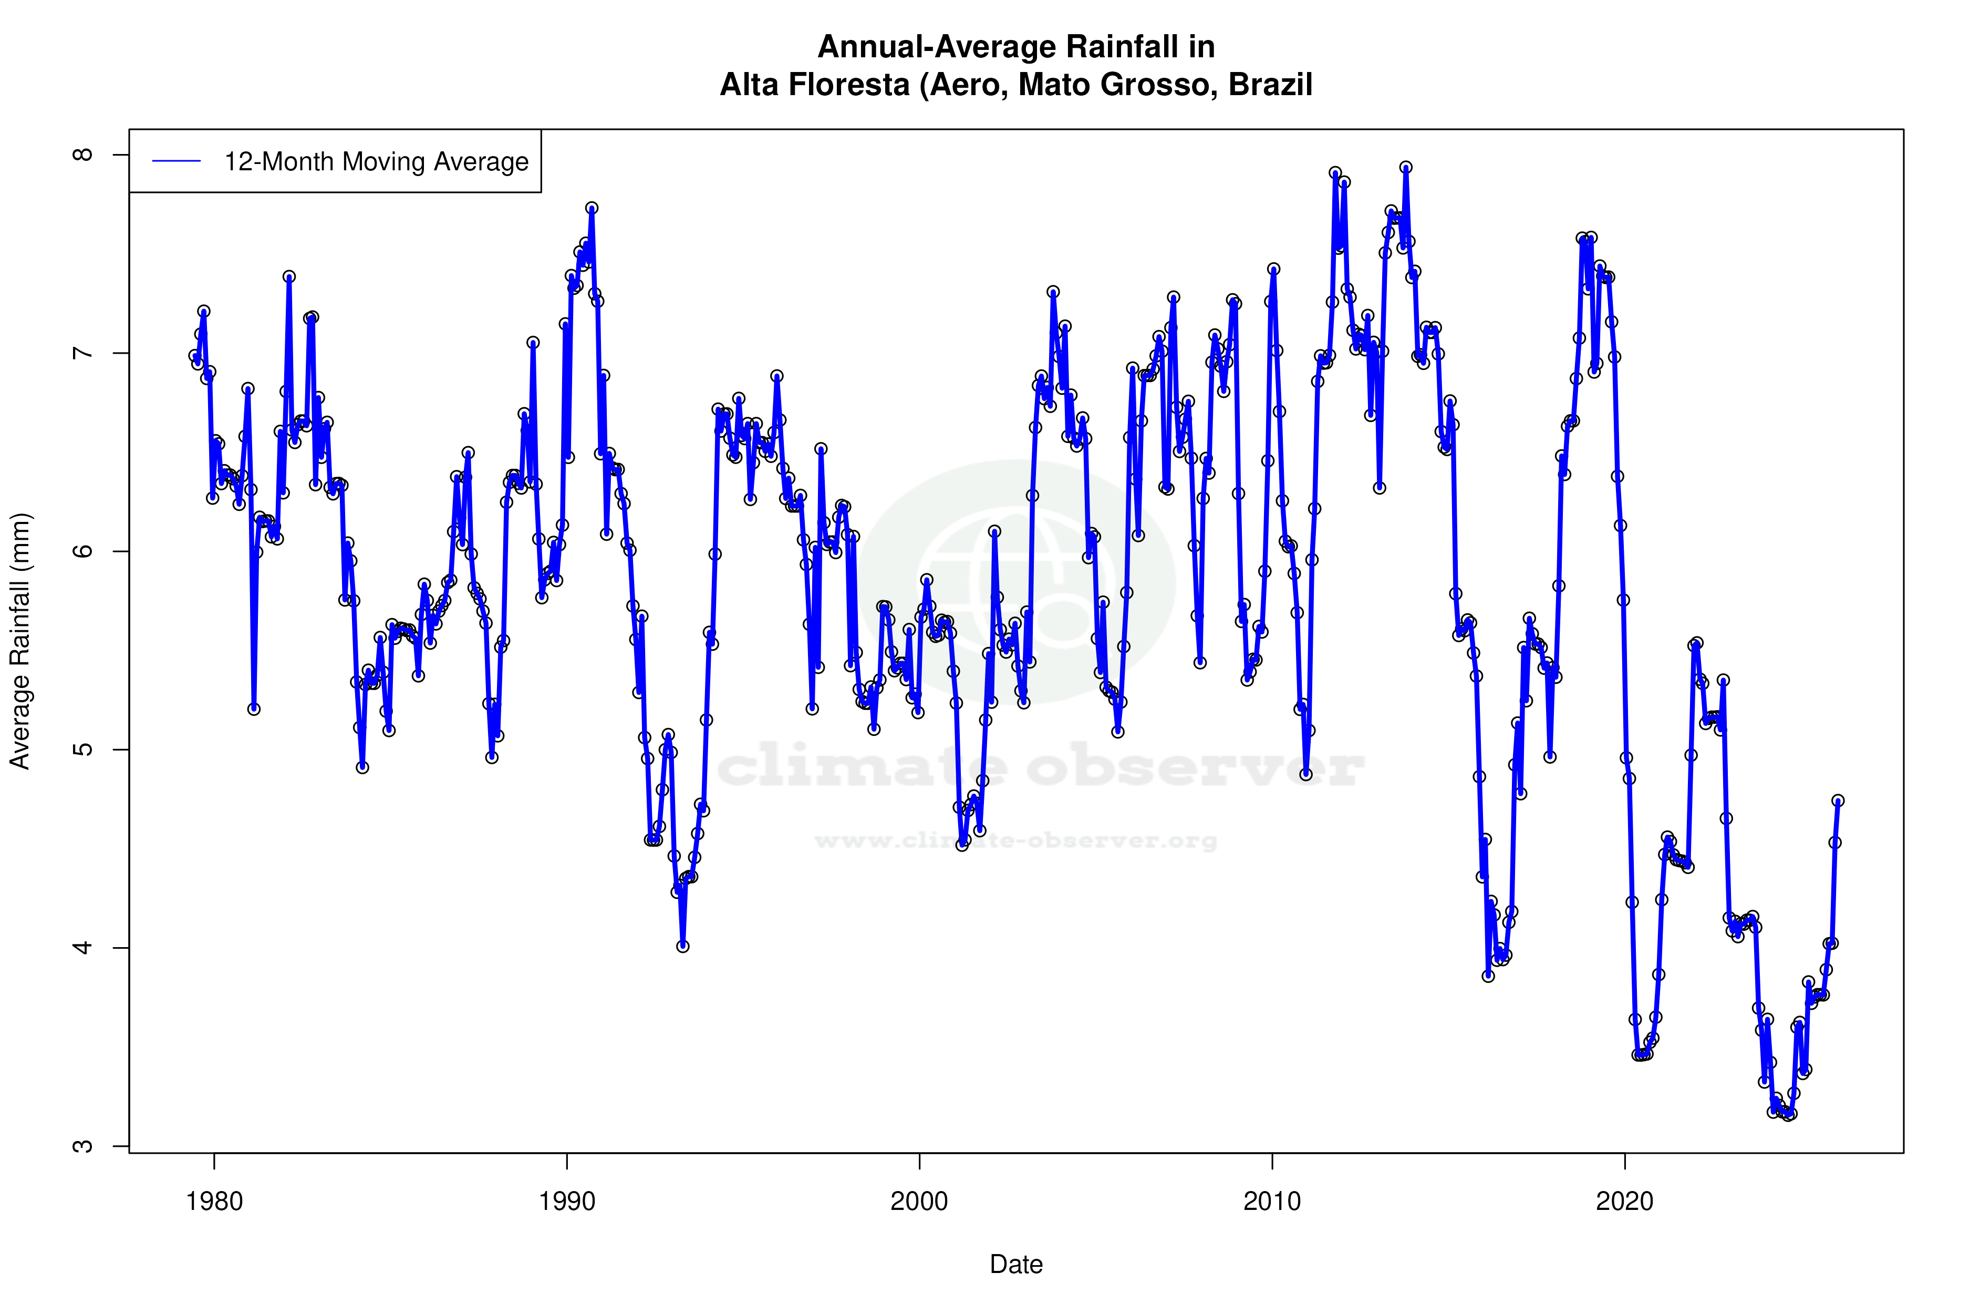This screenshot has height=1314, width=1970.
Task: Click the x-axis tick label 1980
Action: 214,1202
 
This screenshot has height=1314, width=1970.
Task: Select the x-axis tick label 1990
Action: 567,1202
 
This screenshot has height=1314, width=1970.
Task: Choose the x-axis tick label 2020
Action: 1624,1202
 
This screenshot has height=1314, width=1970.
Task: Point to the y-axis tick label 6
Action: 82,551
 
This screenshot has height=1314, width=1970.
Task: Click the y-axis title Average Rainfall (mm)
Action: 20,641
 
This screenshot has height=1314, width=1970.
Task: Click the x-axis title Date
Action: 1016,1265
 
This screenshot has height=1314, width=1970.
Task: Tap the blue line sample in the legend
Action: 177,162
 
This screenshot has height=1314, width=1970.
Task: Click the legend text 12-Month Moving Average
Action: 376,162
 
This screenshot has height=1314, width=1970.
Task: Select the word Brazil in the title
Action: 1271,85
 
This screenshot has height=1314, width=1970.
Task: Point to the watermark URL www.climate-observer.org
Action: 1016,840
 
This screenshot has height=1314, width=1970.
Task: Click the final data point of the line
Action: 1838,800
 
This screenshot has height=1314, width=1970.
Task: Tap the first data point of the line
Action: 194,355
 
